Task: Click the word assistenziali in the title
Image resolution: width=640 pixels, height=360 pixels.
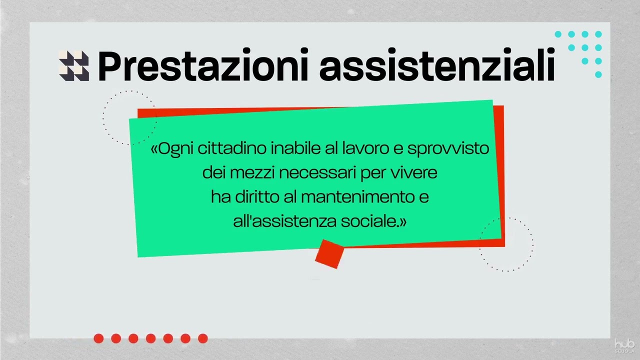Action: point(437,66)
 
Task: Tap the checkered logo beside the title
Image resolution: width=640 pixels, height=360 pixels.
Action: point(74,66)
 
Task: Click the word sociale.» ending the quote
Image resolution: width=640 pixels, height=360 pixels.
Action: point(374,221)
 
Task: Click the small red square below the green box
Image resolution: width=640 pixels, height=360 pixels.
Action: point(329,253)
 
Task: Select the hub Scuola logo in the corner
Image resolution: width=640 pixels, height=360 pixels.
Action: point(624,345)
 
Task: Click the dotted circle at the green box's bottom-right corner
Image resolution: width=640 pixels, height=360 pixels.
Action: point(506,244)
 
